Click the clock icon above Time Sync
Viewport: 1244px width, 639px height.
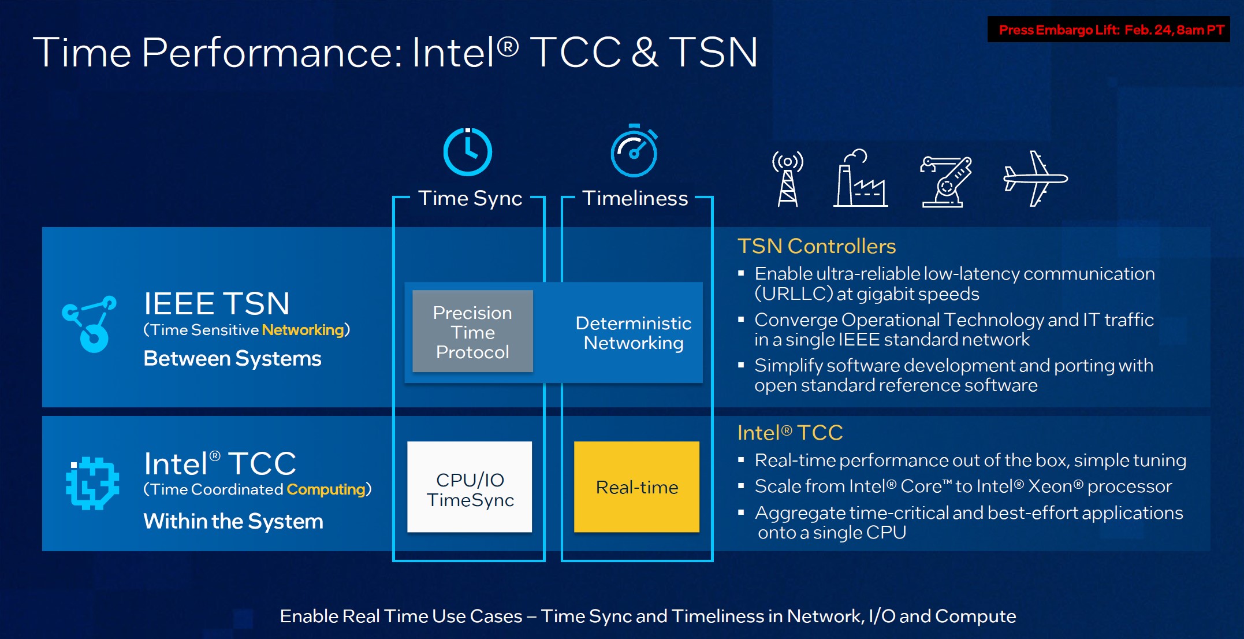(x=467, y=152)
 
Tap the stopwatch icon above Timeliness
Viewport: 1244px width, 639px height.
(x=634, y=151)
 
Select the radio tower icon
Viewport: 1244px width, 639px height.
(x=787, y=179)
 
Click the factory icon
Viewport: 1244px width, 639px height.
(x=860, y=179)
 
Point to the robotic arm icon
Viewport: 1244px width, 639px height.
(x=945, y=181)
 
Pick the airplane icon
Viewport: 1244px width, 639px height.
(x=1035, y=179)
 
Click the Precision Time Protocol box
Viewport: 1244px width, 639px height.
(x=472, y=332)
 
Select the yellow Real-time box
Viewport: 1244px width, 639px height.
(x=636, y=487)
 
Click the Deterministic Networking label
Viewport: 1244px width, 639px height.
(x=633, y=333)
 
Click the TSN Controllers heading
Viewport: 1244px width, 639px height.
(x=816, y=246)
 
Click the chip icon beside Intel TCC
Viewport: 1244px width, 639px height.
(x=92, y=483)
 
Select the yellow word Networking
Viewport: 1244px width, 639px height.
(x=303, y=330)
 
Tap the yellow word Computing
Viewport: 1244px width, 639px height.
(x=326, y=489)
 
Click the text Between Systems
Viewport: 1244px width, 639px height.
(x=232, y=359)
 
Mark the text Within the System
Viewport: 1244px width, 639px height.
(x=233, y=522)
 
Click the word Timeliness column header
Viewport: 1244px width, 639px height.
(x=635, y=198)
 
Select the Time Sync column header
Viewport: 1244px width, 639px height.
(x=470, y=198)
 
